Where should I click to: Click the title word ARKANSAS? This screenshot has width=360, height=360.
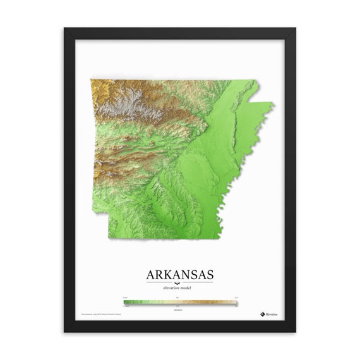[180, 275]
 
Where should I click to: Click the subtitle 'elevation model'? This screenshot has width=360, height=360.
[180, 287]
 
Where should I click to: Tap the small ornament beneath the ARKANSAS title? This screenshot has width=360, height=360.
[180, 282]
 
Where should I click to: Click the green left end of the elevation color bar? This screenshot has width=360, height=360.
[126, 303]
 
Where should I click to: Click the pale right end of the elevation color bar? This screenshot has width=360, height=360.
[234, 303]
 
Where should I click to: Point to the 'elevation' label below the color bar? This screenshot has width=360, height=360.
[180, 309]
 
